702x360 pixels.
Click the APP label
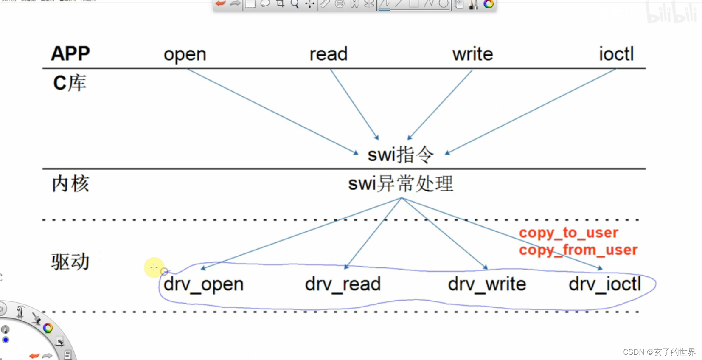click(70, 53)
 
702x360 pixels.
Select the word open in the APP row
click(185, 55)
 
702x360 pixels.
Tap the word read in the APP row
click(329, 54)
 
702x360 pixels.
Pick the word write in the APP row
click(472, 54)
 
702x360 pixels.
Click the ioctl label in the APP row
click(616, 54)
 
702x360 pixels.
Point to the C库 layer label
click(70, 83)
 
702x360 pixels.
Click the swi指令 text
click(400, 155)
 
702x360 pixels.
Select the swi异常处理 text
click(401, 184)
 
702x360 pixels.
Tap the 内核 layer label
click(70, 184)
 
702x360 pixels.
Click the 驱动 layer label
click(70, 262)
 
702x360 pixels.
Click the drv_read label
click(343, 284)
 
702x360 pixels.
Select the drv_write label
click(487, 284)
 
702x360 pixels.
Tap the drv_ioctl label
click(604, 284)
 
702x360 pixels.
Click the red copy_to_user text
click(568, 233)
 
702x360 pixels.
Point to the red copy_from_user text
click(578, 250)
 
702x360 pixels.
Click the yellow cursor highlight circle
click(154, 267)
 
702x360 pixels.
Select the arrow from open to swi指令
click(272, 111)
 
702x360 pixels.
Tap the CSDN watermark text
click(659, 352)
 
